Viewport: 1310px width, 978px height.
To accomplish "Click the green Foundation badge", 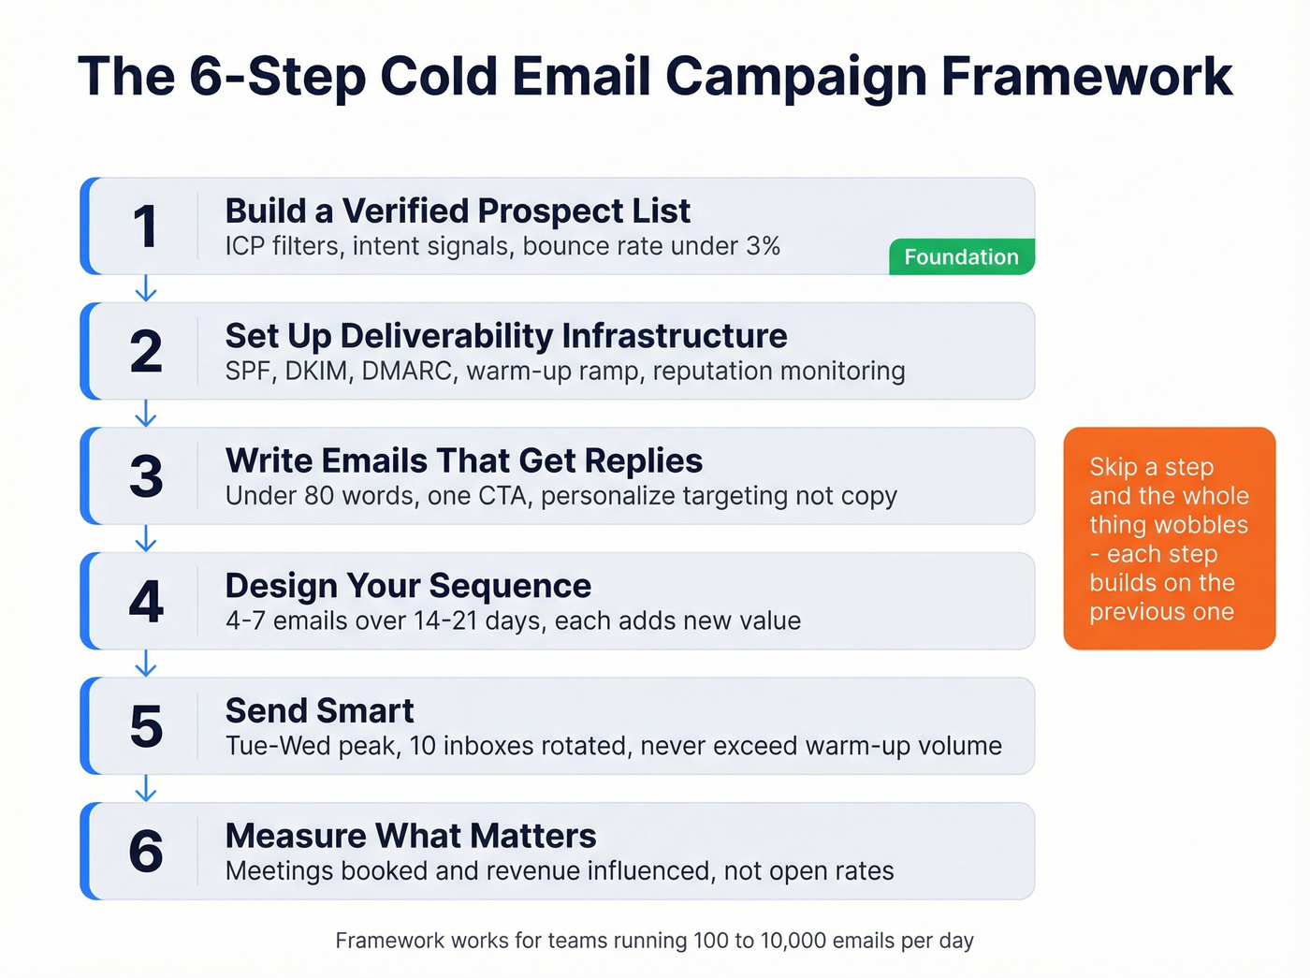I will (961, 257).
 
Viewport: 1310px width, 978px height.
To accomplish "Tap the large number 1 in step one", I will (145, 226).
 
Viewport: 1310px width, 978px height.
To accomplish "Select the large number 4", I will (146, 602).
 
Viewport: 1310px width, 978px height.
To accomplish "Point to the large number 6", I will (146, 852).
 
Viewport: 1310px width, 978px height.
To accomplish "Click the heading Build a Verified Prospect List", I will (458, 212).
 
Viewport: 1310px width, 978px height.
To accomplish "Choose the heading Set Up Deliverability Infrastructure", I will (506, 336).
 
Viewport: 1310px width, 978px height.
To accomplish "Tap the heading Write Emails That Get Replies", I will (464, 461).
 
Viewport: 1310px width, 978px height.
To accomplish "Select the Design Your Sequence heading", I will (408, 586).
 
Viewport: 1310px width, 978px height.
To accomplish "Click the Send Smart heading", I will (319, 711).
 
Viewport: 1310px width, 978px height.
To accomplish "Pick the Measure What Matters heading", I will (411, 836).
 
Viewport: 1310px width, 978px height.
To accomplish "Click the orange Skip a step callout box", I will (1169, 538).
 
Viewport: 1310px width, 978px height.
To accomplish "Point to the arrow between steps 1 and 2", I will (145, 288).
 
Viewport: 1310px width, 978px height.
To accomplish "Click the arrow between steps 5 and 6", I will (145, 788).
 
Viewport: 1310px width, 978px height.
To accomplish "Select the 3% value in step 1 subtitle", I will (763, 246).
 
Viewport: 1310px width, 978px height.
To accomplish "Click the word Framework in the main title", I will (1086, 76).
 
